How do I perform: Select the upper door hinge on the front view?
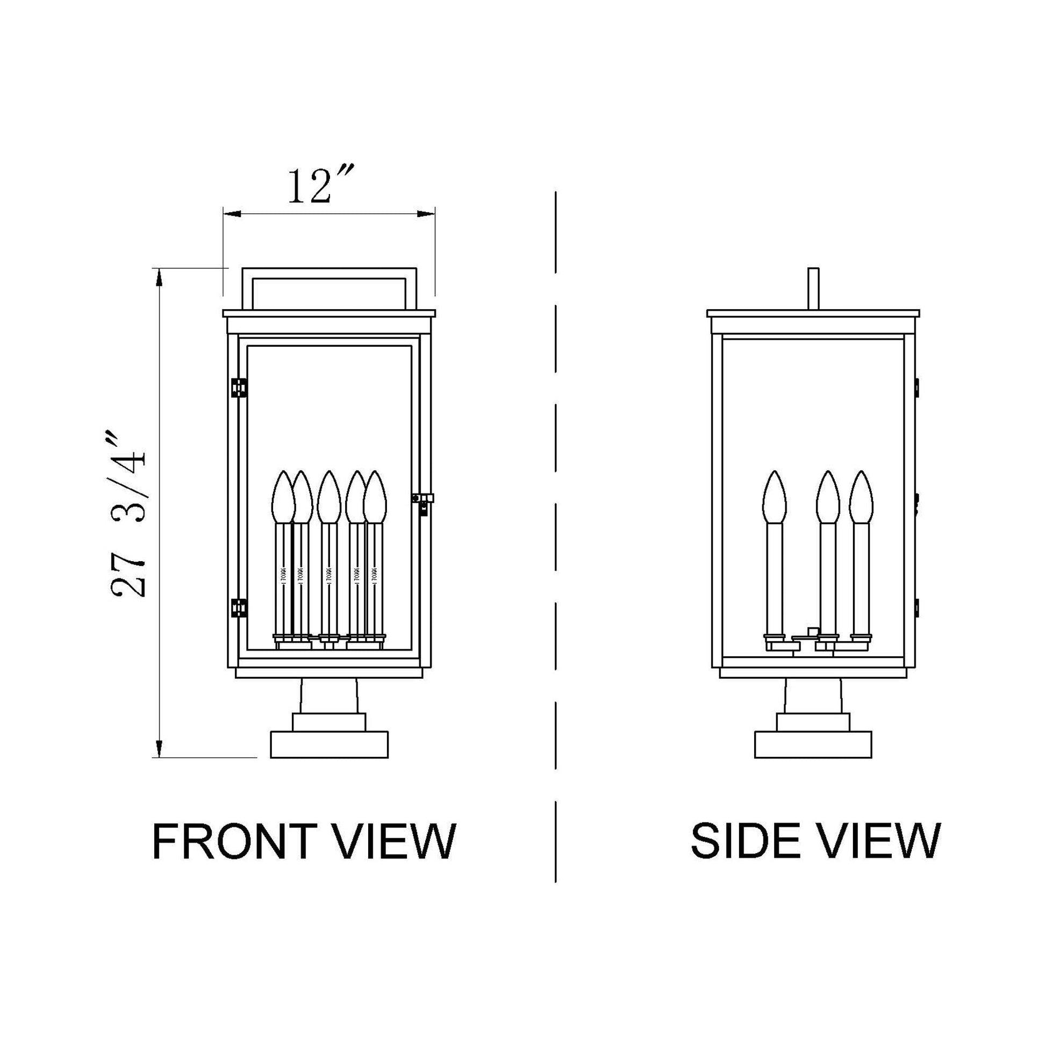[239, 388]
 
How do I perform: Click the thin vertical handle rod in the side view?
[813, 289]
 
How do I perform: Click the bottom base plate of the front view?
[329, 744]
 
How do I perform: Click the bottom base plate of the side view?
[813, 744]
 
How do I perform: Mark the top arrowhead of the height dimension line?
[159, 277]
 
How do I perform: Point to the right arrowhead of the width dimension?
[427, 214]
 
